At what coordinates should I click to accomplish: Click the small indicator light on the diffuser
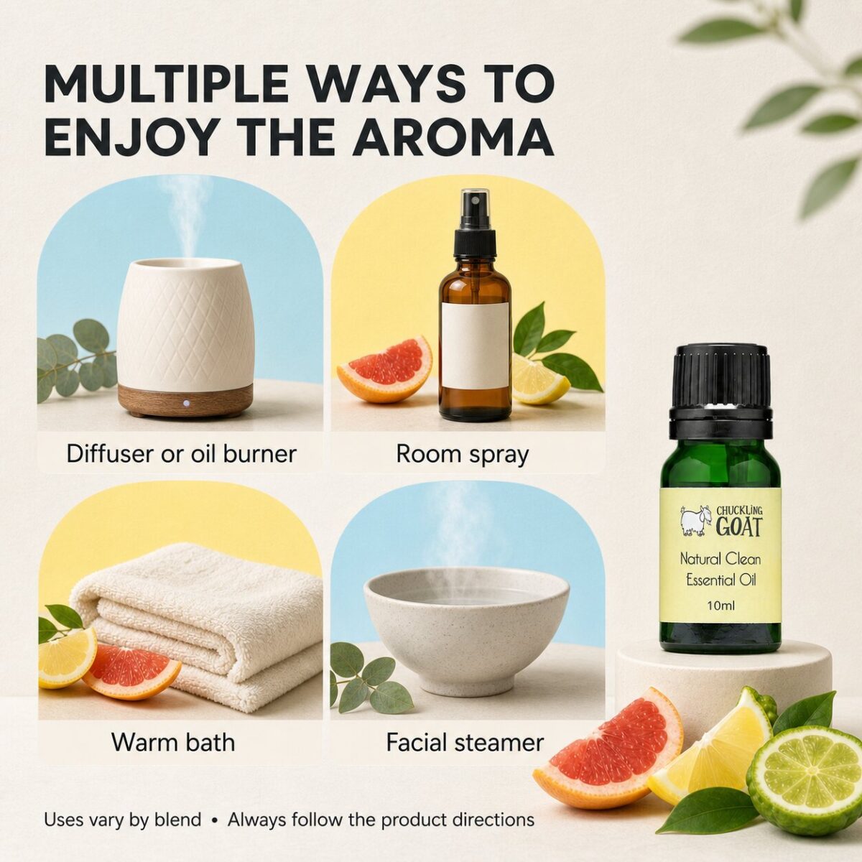185,403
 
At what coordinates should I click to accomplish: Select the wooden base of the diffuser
185,401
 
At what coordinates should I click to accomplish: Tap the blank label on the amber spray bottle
475,346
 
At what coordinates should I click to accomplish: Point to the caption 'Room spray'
462,454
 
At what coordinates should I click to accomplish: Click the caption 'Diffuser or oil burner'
181,453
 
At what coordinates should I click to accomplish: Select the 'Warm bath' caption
172,742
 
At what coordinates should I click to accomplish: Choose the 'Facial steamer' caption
465,742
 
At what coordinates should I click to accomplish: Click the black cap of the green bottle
720,392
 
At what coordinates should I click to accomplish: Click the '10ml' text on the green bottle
720,606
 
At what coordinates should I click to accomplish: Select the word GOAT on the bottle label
738,527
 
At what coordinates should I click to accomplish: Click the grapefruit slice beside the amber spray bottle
384,369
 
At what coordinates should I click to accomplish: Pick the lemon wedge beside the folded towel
67,657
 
